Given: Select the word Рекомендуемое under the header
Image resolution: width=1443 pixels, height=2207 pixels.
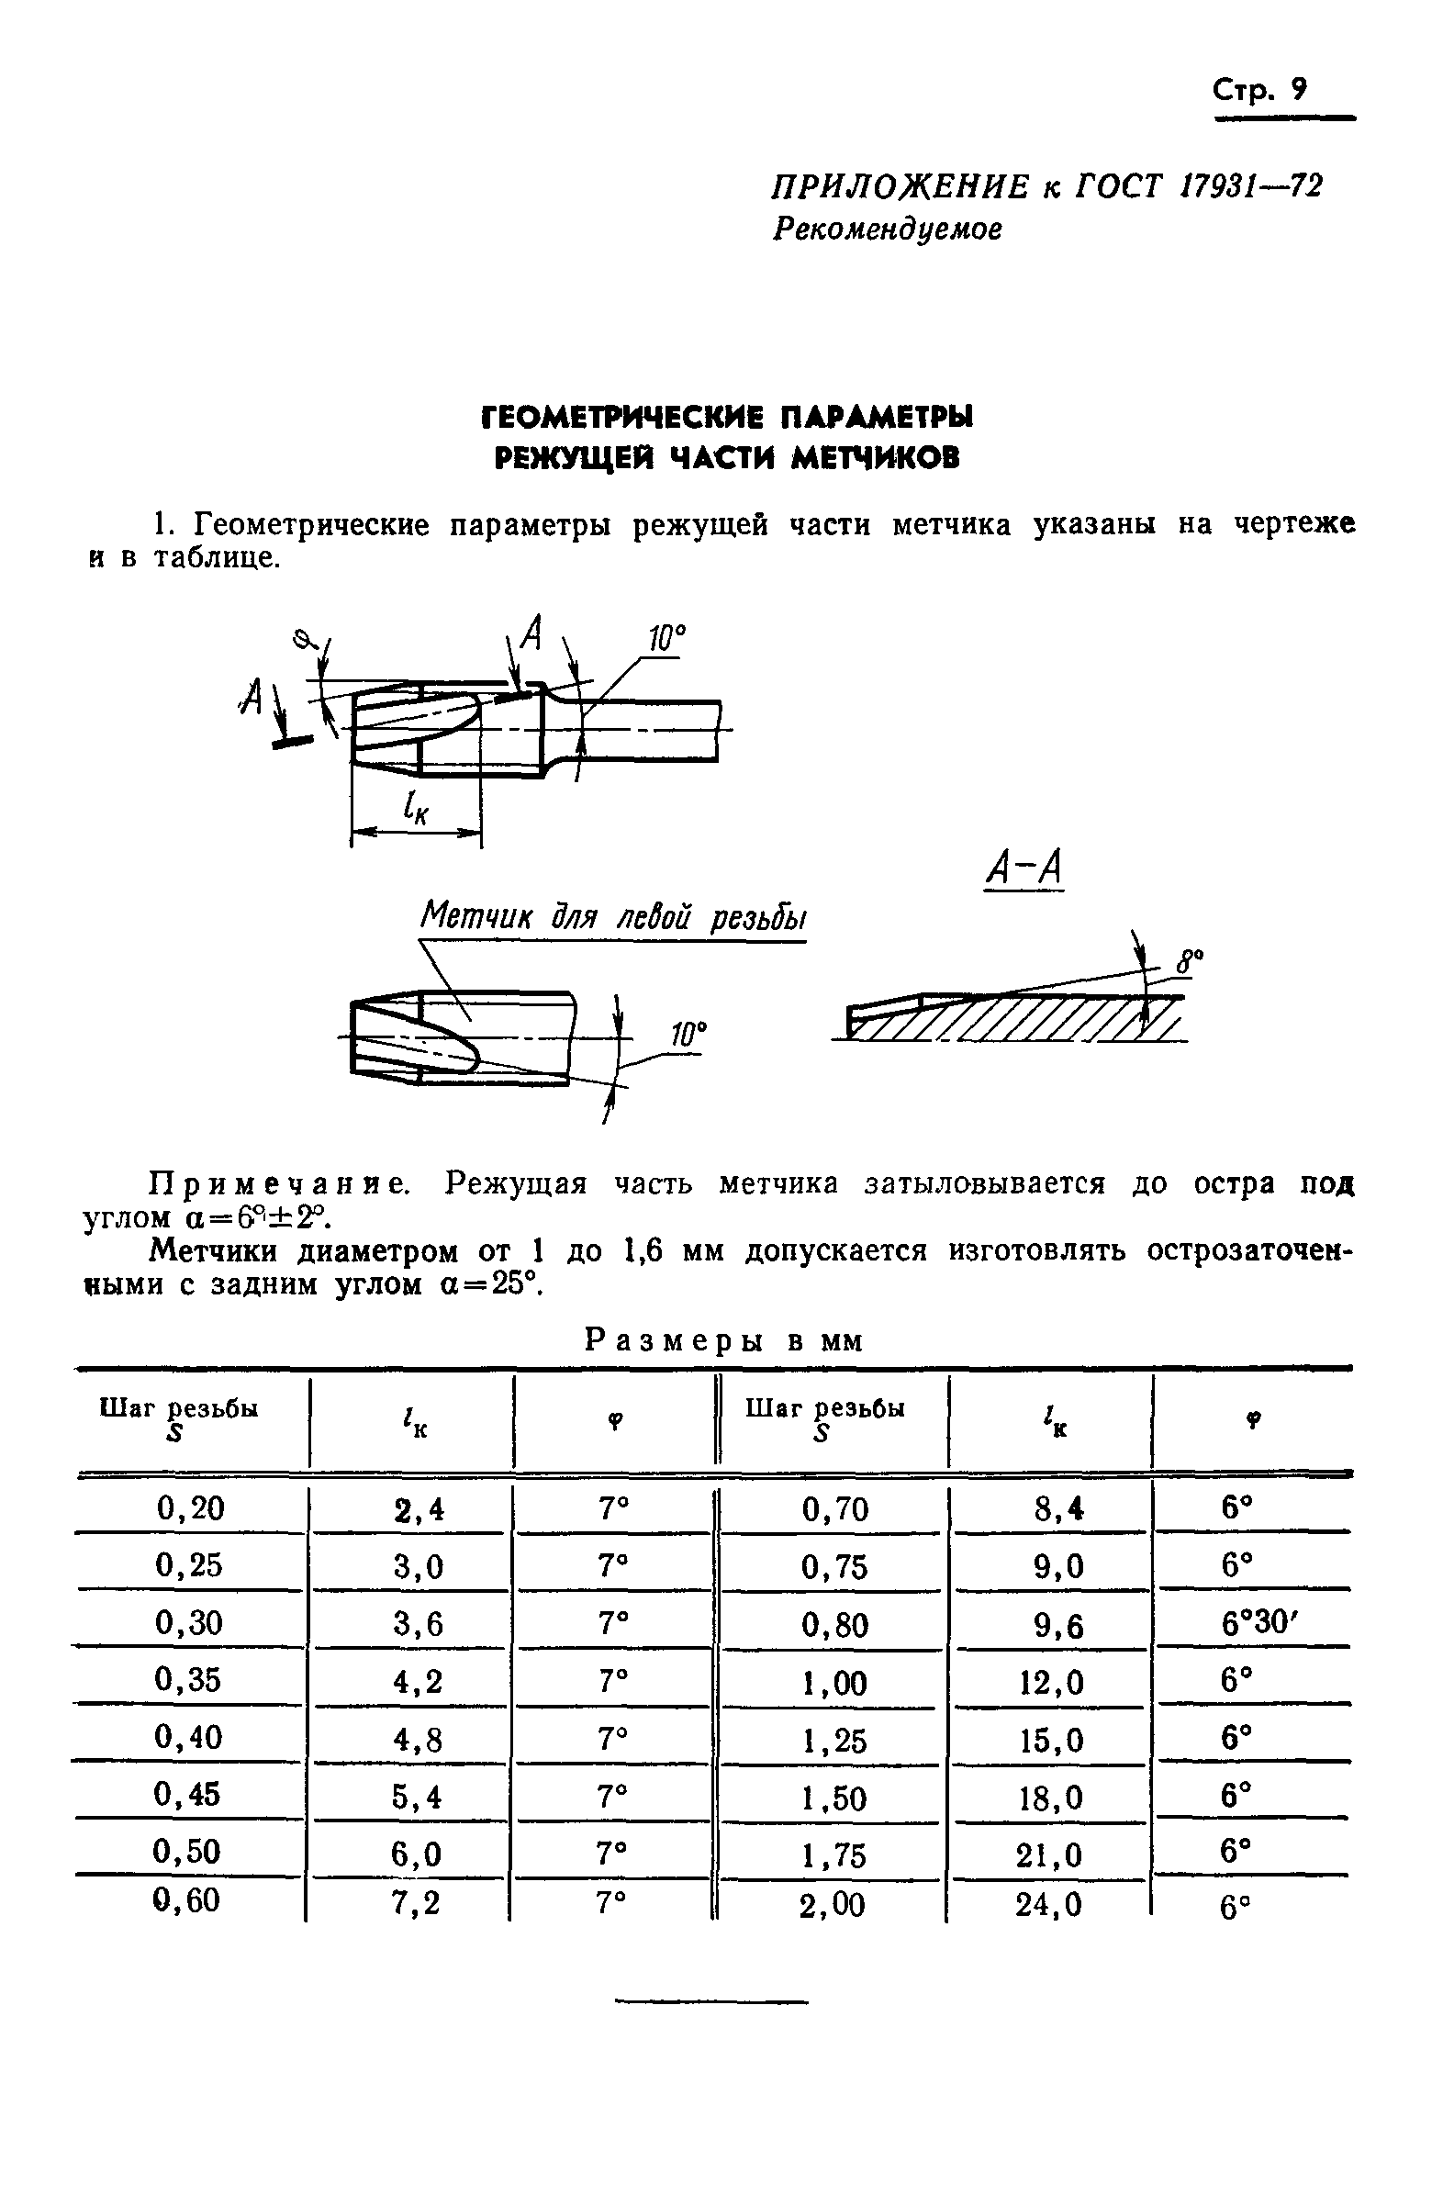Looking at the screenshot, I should pos(887,228).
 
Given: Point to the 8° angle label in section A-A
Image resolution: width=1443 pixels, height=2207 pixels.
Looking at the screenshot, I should pos(1190,960).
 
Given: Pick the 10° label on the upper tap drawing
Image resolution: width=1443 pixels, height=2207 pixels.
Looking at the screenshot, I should pos(666,638).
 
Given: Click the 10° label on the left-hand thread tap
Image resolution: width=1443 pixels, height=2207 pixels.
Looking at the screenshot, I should pos(688,1036).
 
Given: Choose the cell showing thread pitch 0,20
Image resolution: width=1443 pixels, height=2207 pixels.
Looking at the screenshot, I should pos(190,1508).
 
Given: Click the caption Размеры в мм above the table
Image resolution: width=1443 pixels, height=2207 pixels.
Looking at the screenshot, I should pos(723,1341).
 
